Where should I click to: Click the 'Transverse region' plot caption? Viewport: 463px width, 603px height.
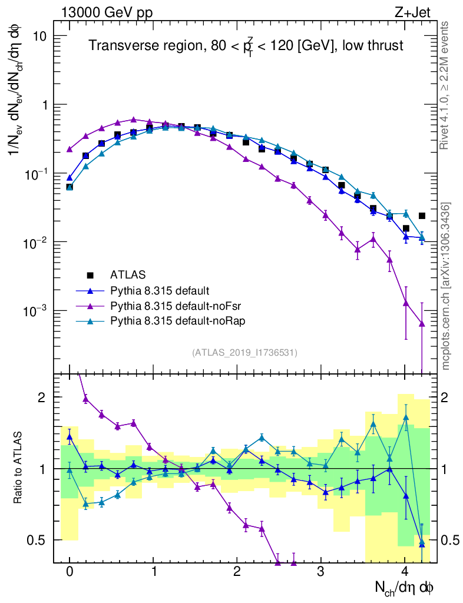click(246, 46)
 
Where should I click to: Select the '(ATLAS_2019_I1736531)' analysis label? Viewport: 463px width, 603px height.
click(244, 353)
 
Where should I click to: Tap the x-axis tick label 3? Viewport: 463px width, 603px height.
click(321, 572)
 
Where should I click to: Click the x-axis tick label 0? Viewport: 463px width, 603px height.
click(70, 572)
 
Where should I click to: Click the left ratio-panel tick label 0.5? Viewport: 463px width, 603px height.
click(39, 540)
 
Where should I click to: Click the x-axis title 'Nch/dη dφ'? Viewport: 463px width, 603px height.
click(405, 587)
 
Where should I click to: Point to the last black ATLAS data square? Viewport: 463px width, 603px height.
click(422, 216)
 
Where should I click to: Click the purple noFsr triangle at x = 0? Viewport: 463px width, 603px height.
click(70, 149)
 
